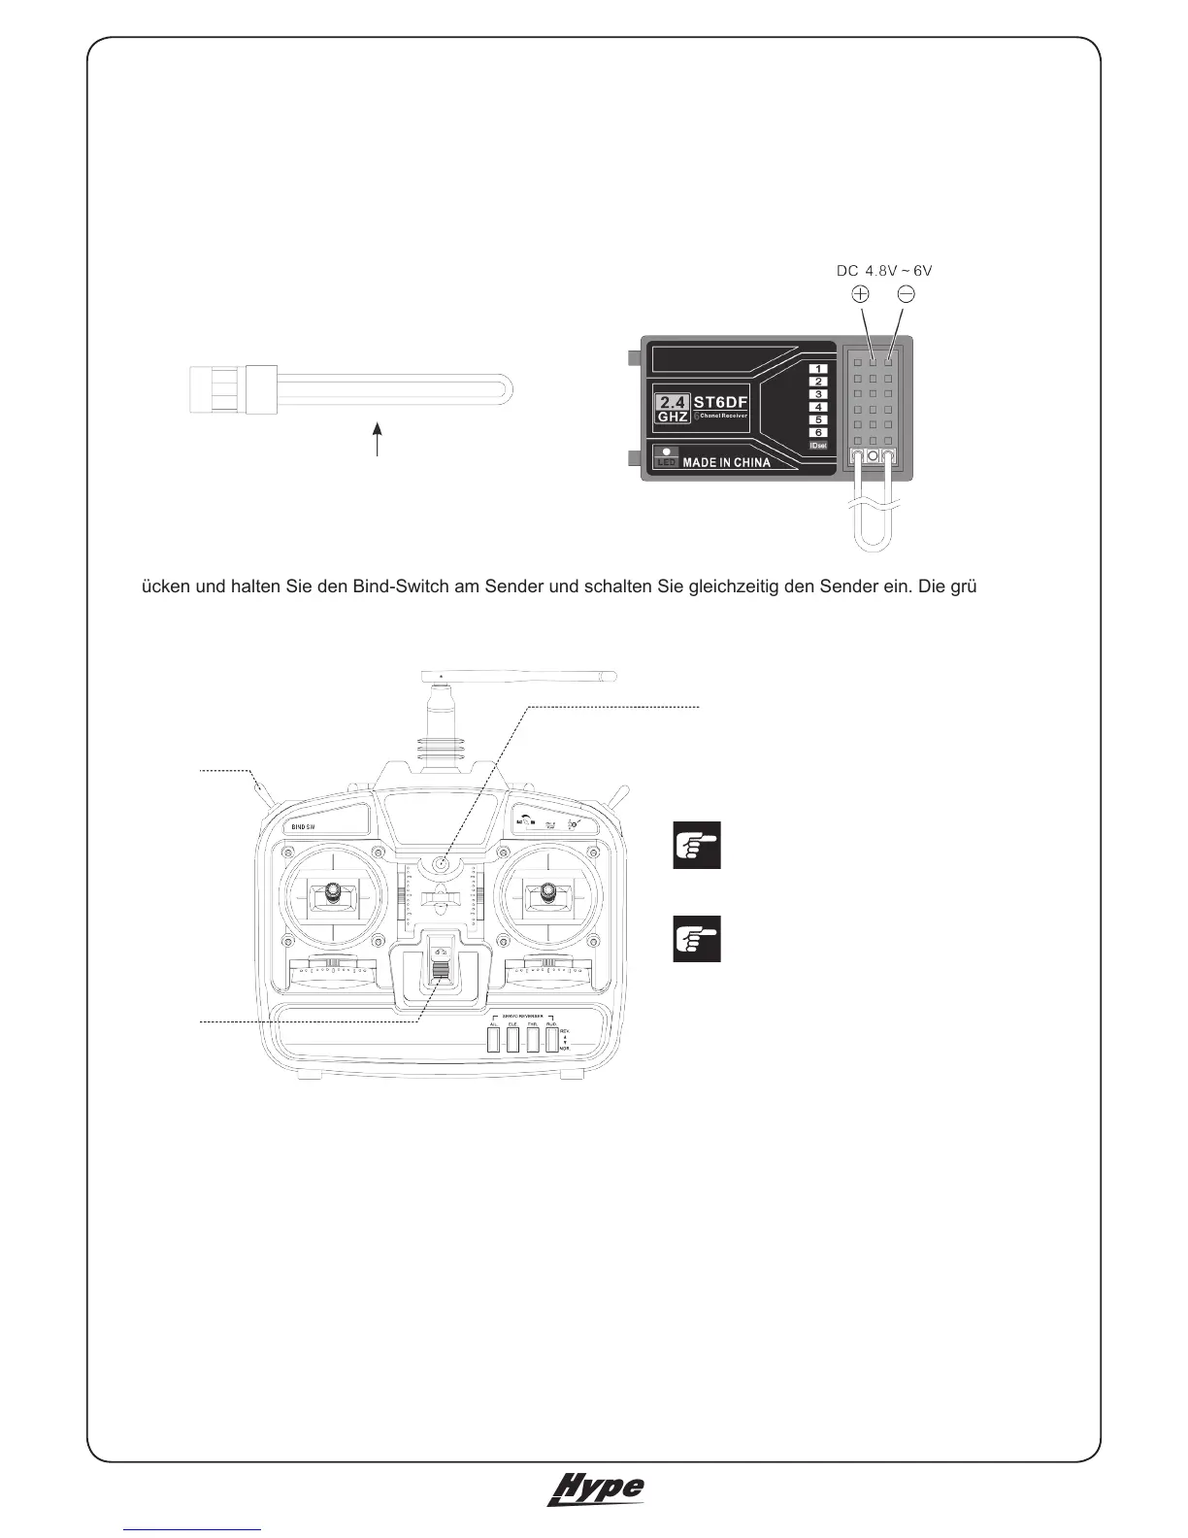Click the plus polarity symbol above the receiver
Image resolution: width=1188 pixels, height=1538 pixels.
coord(860,294)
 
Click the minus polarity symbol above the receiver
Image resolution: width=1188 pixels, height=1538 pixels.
coord(906,294)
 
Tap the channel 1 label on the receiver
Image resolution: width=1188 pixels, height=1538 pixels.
coord(818,369)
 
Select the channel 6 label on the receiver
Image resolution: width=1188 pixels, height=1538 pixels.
coord(818,432)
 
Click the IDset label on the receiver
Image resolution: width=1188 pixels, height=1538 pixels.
coord(818,446)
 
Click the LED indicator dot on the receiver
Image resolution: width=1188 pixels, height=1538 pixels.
coord(666,451)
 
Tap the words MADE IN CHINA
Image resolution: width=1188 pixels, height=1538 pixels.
coord(726,463)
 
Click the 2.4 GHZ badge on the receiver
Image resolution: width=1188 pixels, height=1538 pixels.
coord(673,409)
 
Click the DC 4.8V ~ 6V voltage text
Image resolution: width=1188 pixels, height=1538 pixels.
coord(884,271)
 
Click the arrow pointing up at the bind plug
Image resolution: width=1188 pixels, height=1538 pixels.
coord(378,438)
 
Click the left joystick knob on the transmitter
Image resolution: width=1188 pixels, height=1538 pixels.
coord(332,889)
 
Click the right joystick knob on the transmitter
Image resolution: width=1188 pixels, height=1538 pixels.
coord(548,889)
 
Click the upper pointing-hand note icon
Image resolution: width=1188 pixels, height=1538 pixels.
coord(697,845)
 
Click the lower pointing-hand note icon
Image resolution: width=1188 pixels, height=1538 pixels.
coord(697,938)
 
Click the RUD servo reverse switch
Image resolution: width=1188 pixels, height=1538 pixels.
coord(552,1040)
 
